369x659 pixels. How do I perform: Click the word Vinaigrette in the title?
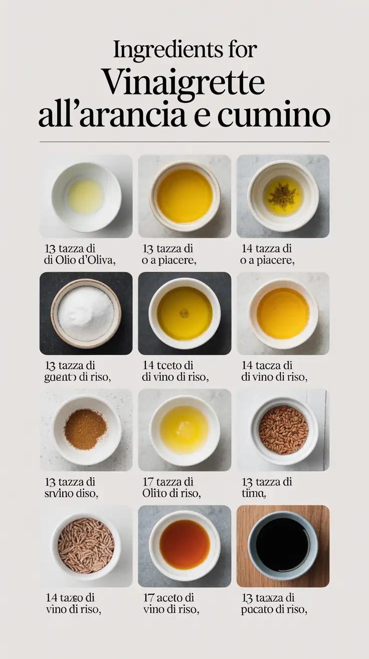click(x=183, y=82)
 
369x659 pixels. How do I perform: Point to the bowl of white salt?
click(x=86, y=313)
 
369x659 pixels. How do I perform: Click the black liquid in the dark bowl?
click(x=283, y=544)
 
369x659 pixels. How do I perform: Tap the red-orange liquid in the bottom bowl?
click(x=184, y=544)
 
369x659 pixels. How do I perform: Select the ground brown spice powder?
click(x=86, y=428)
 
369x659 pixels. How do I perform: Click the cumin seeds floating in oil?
click(x=283, y=195)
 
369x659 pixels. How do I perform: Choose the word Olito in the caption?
click(x=155, y=494)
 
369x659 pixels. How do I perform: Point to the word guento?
click(x=60, y=377)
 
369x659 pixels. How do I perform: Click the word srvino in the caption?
click(x=60, y=494)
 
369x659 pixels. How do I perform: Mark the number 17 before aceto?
click(x=149, y=598)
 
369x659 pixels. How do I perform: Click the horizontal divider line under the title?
click(x=184, y=142)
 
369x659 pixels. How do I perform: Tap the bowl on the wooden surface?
click(x=283, y=545)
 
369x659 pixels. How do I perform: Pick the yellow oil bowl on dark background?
click(x=184, y=313)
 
